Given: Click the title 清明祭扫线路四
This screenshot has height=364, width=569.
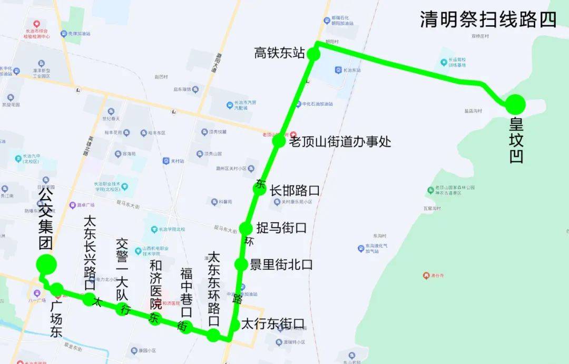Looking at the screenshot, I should point(488,19).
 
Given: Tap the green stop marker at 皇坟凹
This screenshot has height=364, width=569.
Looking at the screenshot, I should point(515,105).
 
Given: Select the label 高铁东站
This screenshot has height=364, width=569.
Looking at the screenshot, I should point(279,53).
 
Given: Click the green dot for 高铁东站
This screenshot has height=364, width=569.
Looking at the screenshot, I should point(313,54).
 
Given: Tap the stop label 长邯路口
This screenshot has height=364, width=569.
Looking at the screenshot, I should point(295,190).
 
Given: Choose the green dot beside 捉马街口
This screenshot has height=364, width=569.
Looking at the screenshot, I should point(246,229).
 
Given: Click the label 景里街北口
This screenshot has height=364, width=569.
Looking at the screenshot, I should point(281,264).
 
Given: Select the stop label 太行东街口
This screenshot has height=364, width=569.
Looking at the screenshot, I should point(272,324).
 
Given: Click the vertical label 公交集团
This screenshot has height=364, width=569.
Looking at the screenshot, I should point(46,221).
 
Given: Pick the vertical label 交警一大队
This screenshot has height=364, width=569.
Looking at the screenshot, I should point(122,270).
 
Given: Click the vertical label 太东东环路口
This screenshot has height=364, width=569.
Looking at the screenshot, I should point(213,290).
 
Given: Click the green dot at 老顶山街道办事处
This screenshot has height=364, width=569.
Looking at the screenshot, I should point(278,141).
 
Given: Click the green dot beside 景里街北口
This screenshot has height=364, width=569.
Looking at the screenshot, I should point(241,264).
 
